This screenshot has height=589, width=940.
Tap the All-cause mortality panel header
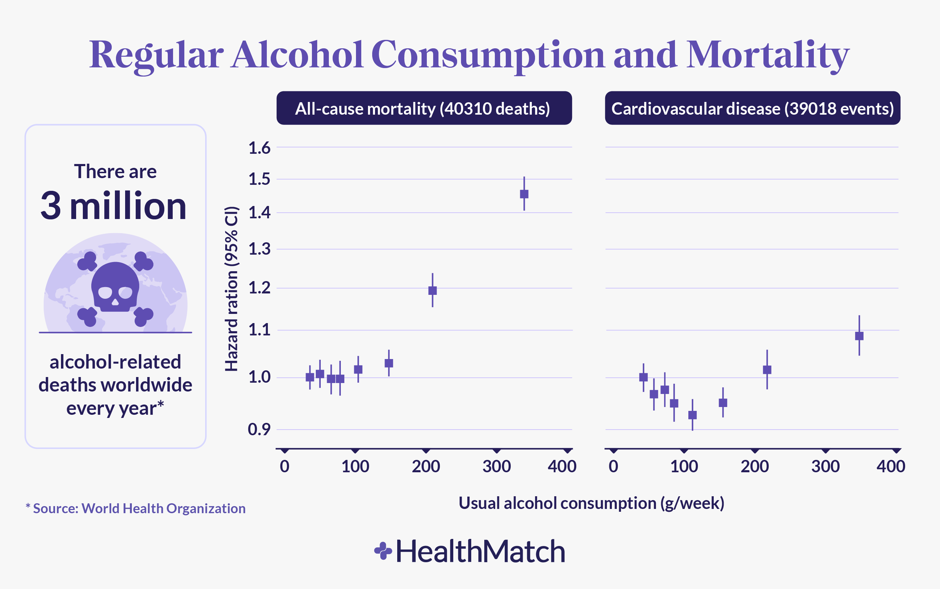(x=424, y=108)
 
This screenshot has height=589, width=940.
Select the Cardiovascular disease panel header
(x=752, y=108)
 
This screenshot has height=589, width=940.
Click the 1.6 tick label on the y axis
(x=259, y=148)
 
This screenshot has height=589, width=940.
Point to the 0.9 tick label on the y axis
(x=259, y=429)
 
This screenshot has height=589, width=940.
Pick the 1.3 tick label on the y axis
(x=259, y=249)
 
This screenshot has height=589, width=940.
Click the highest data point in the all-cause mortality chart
(x=524, y=194)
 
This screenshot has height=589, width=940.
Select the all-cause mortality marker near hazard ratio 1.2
(x=432, y=290)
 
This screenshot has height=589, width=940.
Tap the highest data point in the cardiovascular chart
(x=859, y=336)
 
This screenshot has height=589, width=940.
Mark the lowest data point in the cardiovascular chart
(x=693, y=415)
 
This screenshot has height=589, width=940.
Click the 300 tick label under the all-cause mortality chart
(x=496, y=466)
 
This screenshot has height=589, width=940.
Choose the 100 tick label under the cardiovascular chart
(x=684, y=466)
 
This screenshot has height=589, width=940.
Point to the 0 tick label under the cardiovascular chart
(x=613, y=466)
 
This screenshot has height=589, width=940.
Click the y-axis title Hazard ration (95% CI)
(x=232, y=288)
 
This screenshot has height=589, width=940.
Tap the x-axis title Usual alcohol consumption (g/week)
(x=591, y=503)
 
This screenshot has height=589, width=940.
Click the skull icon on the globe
(x=115, y=286)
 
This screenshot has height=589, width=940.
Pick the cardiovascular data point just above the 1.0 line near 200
(x=767, y=370)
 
